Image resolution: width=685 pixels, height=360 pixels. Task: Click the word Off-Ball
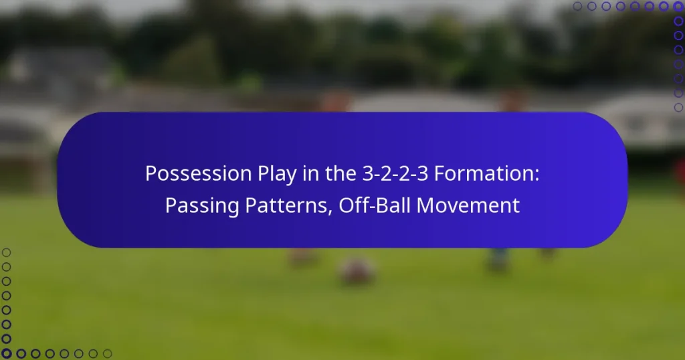(375, 205)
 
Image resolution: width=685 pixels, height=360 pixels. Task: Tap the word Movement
(468, 205)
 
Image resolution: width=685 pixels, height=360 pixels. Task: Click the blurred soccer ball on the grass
(357, 271)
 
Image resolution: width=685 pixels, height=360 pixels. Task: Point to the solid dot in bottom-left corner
(7, 353)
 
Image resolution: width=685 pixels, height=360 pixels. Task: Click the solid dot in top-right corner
(678, 7)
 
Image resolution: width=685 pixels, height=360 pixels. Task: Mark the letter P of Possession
(151, 174)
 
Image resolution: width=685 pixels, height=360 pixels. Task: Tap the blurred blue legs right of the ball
(498, 259)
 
